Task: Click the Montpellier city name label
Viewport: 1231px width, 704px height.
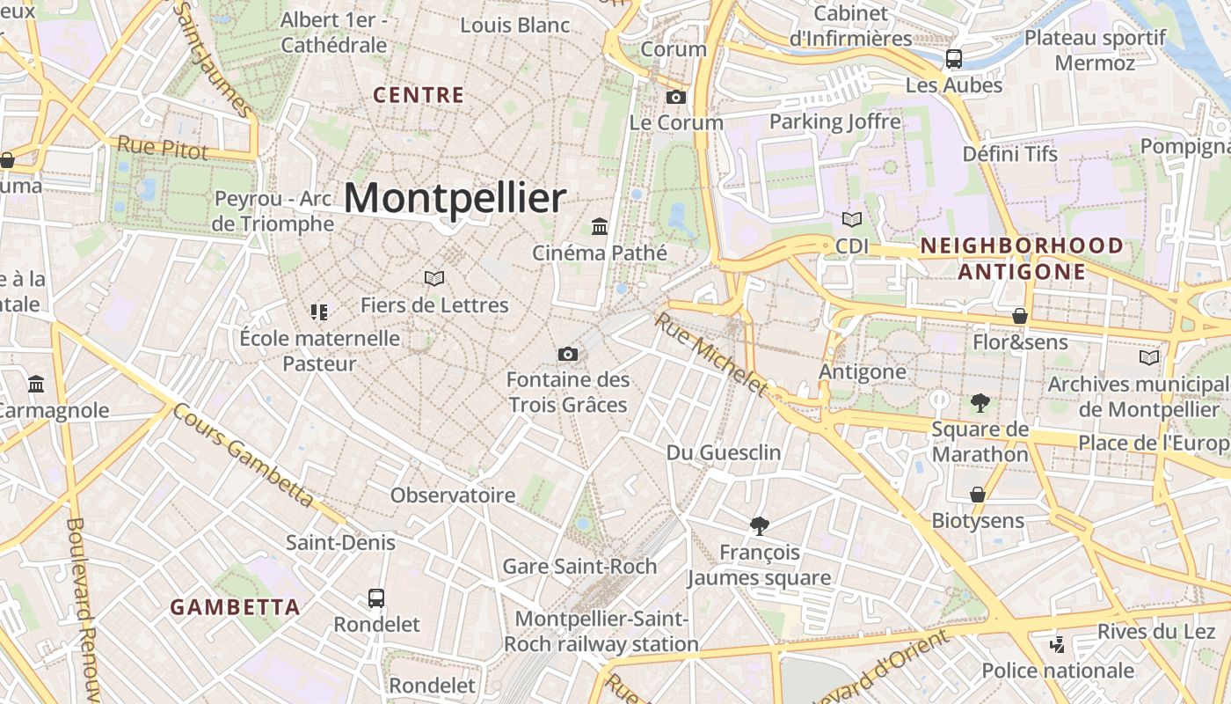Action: click(455, 198)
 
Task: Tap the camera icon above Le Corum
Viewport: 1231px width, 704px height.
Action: click(675, 97)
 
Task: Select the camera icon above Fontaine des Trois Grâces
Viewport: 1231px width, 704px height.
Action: click(568, 354)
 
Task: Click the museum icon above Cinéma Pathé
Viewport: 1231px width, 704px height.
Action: click(600, 226)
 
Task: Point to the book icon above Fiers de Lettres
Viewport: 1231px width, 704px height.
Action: click(433, 278)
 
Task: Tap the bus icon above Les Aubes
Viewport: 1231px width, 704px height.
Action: click(953, 59)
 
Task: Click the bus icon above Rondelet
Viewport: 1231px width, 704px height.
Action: click(376, 598)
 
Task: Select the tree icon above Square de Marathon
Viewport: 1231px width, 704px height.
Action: click(980, 403)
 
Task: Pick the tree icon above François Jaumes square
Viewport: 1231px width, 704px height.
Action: click(759, 526)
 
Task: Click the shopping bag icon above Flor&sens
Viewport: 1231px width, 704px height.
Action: click(1020, 315)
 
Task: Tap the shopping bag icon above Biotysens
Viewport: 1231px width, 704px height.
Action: click(977, 495)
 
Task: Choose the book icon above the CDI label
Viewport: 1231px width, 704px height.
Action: click(851, 219)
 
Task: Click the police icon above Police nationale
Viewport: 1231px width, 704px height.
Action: click(1057, 645)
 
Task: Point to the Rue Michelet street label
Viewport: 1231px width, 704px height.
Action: click(710, 354)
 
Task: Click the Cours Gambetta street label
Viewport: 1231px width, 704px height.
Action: click(244, 455)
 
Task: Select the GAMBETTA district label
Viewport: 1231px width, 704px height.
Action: click(235, 607)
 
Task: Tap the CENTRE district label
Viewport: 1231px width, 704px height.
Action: click(419, 95)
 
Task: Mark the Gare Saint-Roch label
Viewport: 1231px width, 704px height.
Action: click(579, 566)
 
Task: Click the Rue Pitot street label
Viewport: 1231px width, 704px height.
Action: click(163, 147)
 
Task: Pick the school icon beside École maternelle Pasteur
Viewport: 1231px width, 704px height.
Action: click(319, 312)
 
